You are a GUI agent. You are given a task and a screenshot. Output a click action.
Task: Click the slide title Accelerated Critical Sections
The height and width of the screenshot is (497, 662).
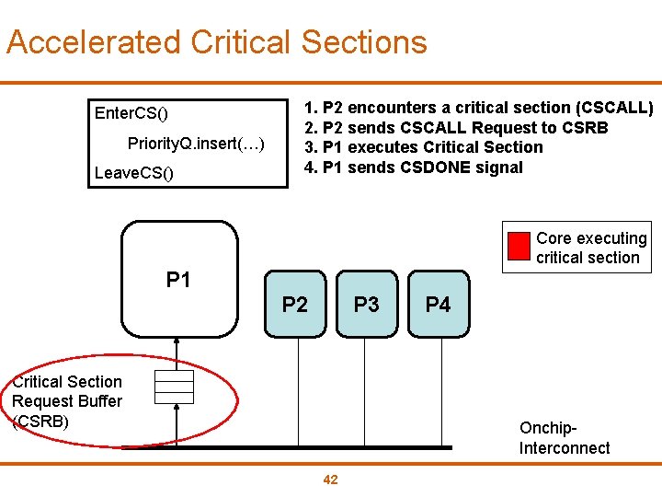217,42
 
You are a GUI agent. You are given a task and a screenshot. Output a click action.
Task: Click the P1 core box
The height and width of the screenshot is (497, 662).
179,280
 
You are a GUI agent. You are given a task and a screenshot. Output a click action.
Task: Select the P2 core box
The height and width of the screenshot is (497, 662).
294,304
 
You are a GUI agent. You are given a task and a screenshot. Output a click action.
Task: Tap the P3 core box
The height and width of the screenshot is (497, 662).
366,304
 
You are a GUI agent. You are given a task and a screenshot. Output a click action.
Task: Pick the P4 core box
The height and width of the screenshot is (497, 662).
438,304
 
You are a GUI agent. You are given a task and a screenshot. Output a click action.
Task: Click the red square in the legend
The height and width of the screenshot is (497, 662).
519,248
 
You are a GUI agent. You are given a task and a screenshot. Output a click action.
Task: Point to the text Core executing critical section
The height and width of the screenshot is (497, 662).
590,248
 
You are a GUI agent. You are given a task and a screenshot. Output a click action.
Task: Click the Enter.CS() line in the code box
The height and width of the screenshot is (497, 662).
131,114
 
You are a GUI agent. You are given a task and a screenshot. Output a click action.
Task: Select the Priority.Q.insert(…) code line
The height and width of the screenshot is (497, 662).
196,144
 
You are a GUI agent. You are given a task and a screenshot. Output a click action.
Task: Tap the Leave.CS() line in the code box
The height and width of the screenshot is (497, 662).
133,173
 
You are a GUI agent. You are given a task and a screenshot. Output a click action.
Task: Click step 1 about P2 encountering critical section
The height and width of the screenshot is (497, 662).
478,108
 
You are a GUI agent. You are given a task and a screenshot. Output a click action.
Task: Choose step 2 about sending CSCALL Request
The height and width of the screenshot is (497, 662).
456,127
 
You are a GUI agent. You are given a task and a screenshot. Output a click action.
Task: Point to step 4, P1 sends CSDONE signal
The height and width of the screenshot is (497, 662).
413,168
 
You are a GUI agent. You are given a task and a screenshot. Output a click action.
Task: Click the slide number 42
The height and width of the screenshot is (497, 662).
331,480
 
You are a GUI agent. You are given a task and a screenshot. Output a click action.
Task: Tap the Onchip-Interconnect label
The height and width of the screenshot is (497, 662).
564,438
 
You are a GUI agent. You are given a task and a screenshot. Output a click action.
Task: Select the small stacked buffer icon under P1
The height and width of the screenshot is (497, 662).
174,387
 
